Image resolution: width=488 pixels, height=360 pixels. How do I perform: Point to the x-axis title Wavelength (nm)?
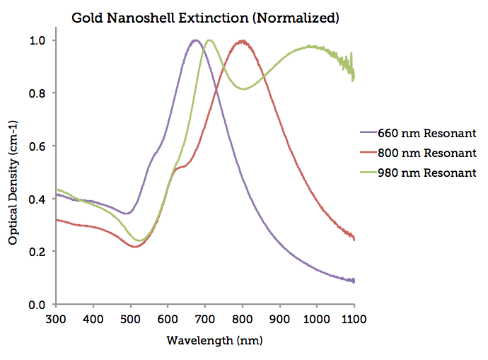pyautogui.click(x=205, y=340)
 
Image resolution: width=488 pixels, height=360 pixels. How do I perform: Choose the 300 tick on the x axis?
pyautogui.click(x=57, y=320)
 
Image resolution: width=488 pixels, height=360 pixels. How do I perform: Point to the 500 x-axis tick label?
pyautogui.click(x=131, y=320)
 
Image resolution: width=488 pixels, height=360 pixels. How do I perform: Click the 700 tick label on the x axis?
pyautogui.click(x=205, y=320)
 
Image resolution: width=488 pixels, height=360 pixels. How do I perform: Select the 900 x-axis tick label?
pyautogui.click(x=279, y=320)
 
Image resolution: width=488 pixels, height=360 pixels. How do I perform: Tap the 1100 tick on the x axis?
pyautogui.click(x=353, y=320)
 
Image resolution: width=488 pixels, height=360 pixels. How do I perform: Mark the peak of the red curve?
pyautogui.click(x=242, y=41)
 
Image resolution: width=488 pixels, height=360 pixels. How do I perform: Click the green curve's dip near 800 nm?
pyautogui.click(x=243, y=88)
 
